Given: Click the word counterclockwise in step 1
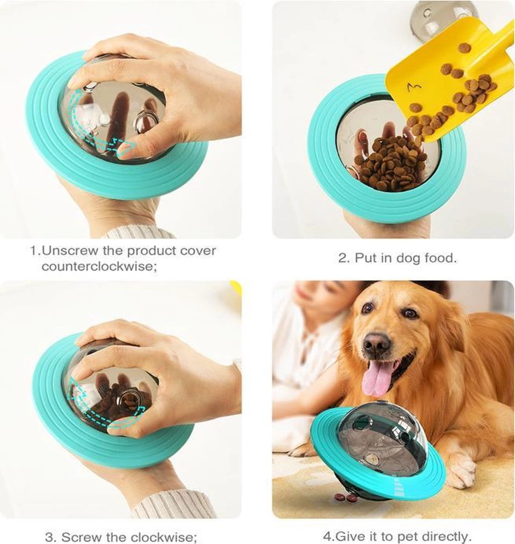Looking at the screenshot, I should [x=99, y=267].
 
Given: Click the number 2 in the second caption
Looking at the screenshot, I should [x=342, y=258].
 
